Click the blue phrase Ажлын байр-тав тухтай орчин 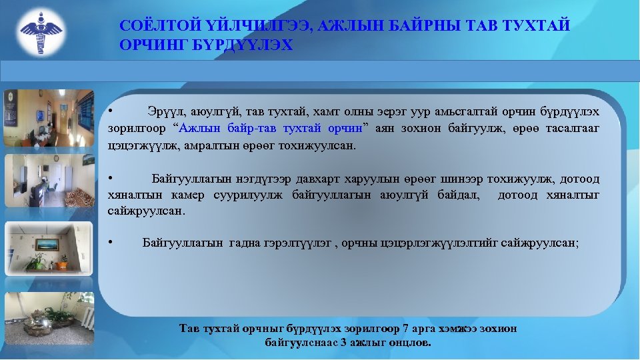coord(271,127)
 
